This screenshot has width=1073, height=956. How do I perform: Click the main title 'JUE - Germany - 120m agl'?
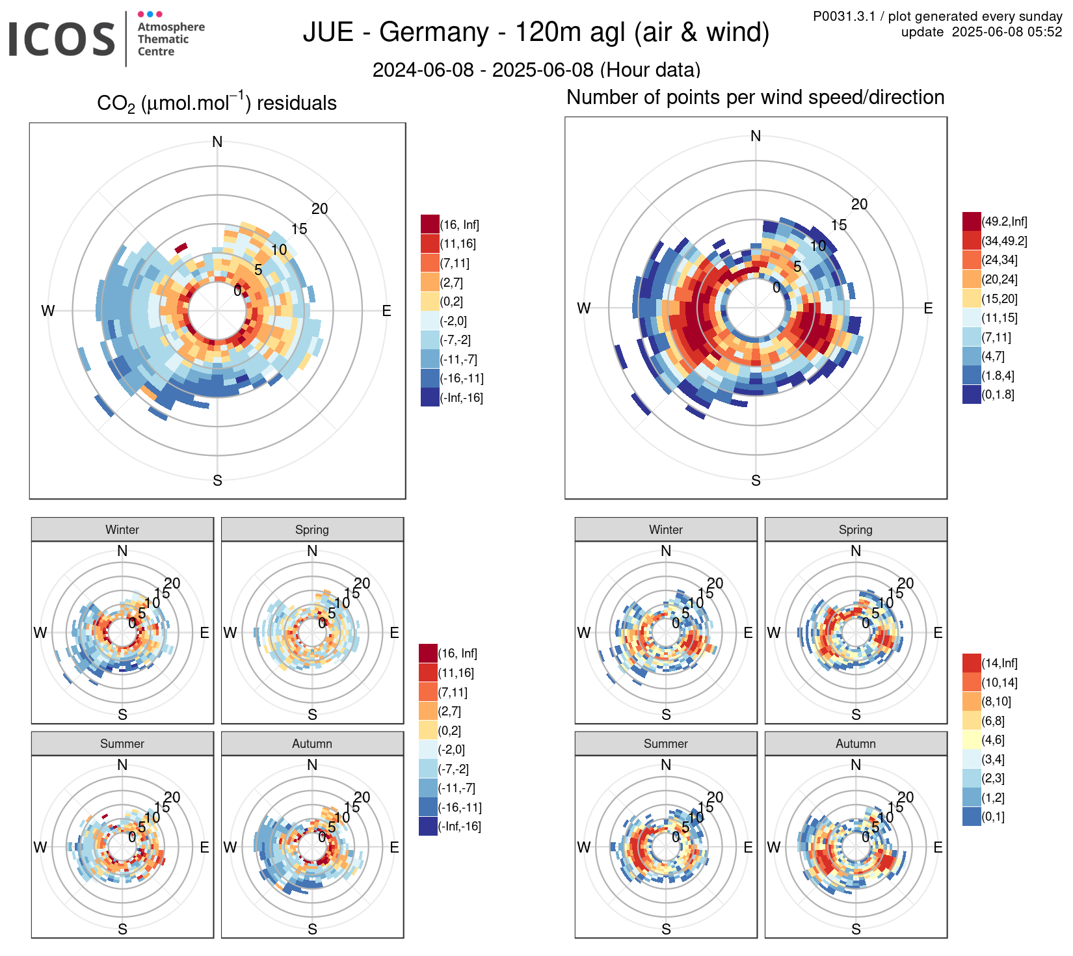coord(536,33)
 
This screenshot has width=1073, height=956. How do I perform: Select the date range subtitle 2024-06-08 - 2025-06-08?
coord(536,70)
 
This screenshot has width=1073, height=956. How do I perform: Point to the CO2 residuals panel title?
coord(217,103)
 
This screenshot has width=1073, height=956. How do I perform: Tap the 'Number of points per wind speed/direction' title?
coord(755,98)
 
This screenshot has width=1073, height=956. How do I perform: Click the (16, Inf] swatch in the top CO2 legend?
coord(430,224)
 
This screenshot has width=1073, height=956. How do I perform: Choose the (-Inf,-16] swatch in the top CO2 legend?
coord(430,397)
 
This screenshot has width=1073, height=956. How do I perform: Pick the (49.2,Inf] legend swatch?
coord(972,221)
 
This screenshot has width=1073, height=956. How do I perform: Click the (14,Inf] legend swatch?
coord(972,663)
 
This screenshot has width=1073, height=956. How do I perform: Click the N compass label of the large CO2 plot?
coord(217,142)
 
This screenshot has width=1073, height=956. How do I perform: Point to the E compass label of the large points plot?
coord(928,308)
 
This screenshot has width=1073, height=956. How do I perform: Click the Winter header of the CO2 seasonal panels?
coord(122,529)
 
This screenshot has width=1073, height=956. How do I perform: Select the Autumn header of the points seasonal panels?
coord(855,743)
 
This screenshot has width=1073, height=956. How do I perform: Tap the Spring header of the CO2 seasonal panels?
coord(312,529)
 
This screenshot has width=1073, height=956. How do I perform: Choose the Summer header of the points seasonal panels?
coord(665,743)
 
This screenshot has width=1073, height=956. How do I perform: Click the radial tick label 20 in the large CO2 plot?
coord(319,209)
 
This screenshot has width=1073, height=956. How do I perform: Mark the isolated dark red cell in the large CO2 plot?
coord(181,247)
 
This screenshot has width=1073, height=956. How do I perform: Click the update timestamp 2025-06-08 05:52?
coord(1007,32)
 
